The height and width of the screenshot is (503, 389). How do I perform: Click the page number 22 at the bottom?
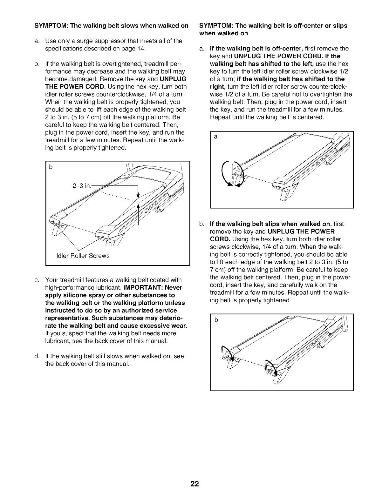pyautogui.click(x=194, y=484)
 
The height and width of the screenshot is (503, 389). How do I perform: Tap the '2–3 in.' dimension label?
pyautogui.click(x=81, y=185)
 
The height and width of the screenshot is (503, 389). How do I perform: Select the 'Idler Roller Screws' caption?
pyautogui.click(x=83, y=256)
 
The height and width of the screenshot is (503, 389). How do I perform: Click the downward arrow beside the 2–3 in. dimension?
pyautogui.click(x=138, y=192)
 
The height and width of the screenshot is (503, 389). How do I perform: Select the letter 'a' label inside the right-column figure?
pyautogui.click(x=216, y=137)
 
